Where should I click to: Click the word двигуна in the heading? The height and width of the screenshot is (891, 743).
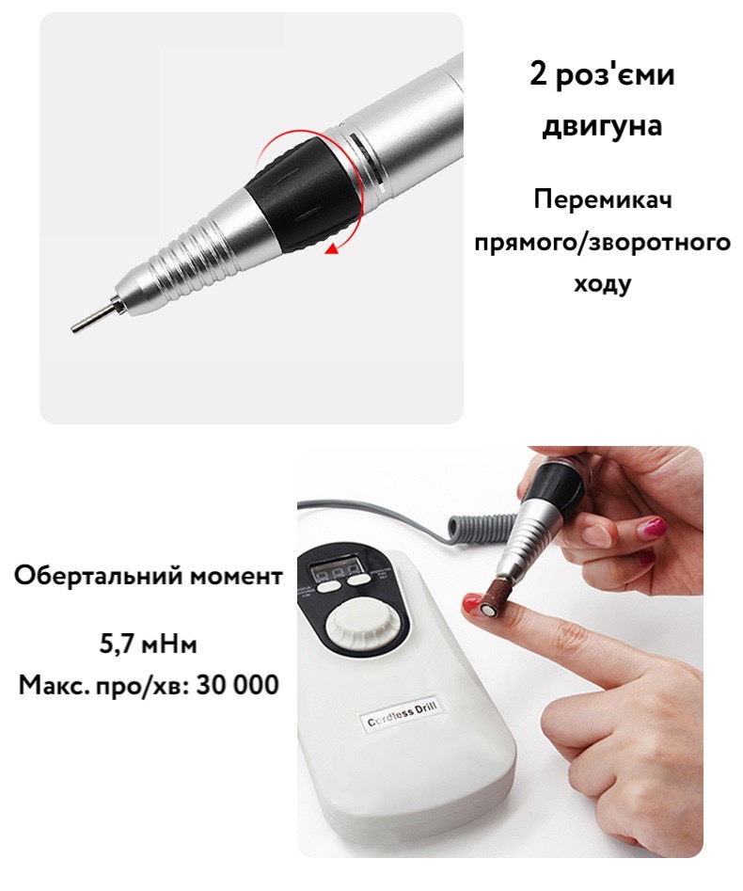(602, 125)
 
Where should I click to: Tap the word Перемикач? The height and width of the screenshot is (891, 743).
(602, 200)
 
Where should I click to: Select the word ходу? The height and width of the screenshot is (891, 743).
(602, 283)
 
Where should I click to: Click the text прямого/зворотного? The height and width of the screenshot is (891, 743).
(602, 242)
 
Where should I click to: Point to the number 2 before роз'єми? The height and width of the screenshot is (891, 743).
(538, 74)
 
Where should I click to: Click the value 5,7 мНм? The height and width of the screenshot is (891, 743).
(149, 644)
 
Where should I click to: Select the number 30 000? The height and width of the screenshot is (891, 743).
(237, 685)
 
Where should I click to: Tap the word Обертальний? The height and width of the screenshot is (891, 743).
(98, 576)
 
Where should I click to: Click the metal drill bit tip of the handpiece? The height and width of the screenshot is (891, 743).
(92, 315)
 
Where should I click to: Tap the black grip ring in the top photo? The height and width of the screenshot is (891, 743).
(301, 192)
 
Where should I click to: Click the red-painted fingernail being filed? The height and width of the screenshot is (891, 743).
(470, 602)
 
